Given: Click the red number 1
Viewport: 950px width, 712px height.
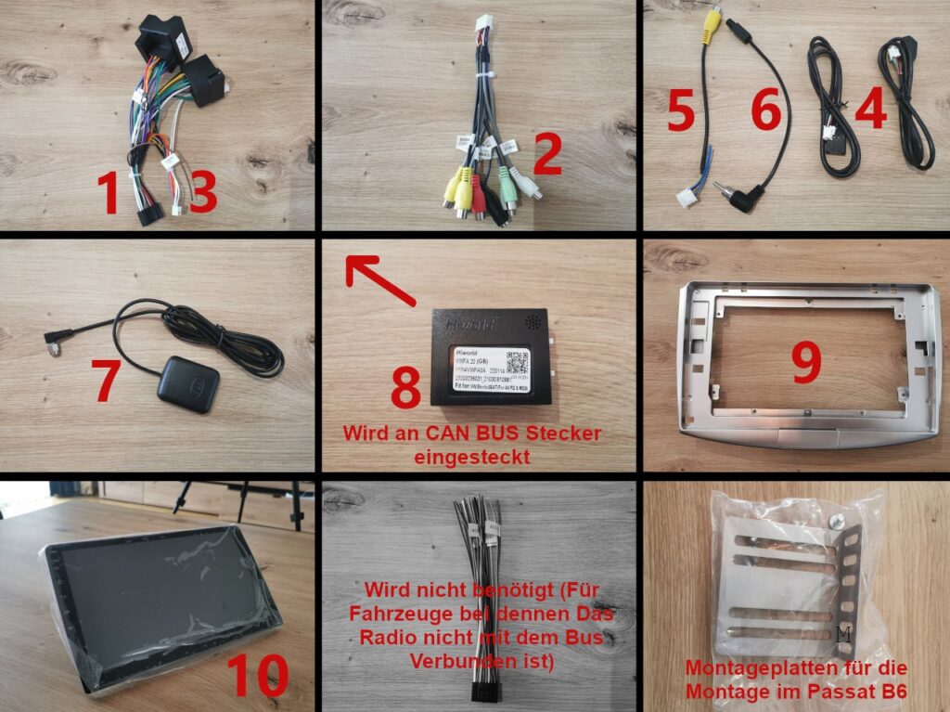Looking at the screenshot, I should click(x=109, y=193).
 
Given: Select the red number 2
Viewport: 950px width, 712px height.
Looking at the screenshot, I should click(x=546, y=154).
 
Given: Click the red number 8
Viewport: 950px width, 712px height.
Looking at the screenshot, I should click(x=405, y=387).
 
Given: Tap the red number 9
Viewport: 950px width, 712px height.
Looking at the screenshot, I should click(x=805, y=364).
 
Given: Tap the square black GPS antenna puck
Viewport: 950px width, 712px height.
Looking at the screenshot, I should click(x=188, y=383).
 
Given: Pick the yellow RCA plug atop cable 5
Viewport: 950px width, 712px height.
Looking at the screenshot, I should click(x=712, y=27).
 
